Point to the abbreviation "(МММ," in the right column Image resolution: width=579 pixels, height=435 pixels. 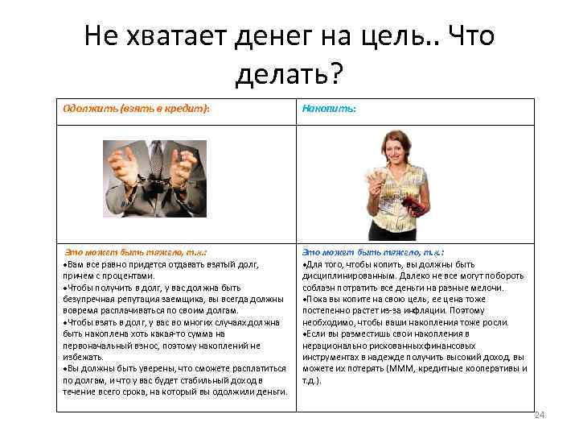(x=399, y=368)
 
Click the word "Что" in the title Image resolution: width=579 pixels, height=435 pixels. (x=470, y=36)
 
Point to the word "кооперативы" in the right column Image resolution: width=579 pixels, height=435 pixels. (x=484, y=368)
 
